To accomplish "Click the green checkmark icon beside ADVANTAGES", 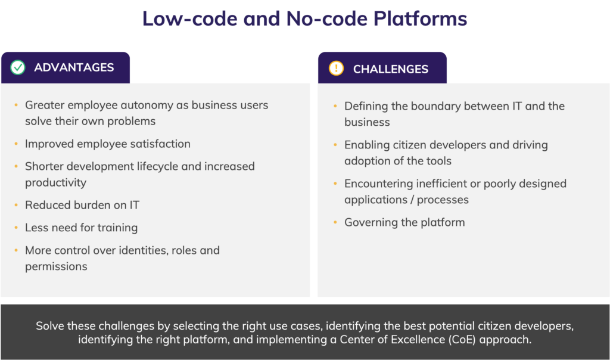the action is pos(18,67).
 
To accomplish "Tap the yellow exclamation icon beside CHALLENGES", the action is pos(336,68).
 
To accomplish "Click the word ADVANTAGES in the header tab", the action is pos(74,67).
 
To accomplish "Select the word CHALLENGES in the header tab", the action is pos(391,69).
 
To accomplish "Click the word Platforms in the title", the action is pos(420,18).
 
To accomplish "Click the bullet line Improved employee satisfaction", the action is pos(108,144).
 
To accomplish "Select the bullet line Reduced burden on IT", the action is pos(82,205).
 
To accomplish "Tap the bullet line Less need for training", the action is pos(81,228).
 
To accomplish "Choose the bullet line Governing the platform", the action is pos(404,222).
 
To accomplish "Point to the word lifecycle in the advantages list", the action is pos(157,166).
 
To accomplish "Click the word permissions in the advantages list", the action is pos(56,266).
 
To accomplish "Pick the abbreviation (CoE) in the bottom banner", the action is pos(462,339).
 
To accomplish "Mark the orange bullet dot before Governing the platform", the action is pos(335,222).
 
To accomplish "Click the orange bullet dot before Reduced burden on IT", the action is pos(16,204).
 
